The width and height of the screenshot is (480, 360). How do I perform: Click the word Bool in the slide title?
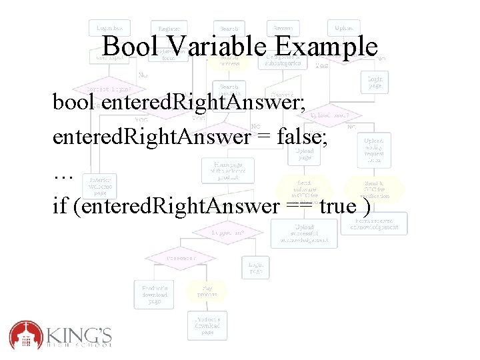click(131, 47)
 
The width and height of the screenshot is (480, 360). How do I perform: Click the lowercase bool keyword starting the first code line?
click(74, 103)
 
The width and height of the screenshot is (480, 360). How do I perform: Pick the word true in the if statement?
click(338, 207)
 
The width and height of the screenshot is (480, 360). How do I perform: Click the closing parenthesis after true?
click(368, 207)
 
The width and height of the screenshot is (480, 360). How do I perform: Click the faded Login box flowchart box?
click(108, 28)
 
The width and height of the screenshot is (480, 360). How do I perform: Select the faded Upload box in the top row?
click(344, 28)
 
